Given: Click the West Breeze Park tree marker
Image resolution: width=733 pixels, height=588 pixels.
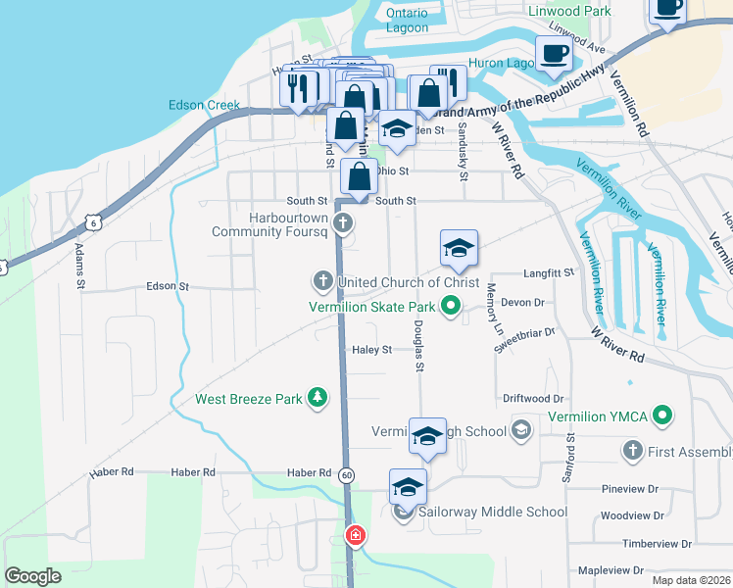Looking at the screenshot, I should (317, 397).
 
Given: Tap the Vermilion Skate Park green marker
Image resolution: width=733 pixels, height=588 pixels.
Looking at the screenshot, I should (451, 307).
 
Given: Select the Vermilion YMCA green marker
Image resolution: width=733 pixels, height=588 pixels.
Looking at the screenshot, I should (662, 416).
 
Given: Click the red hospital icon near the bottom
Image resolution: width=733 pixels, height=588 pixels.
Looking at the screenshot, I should (355, 535).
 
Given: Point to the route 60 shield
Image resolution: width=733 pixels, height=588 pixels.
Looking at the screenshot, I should (348, 473).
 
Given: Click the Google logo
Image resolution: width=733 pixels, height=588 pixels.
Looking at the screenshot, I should (32, 576).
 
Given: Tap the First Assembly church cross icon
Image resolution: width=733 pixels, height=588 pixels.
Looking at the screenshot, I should (631, 451).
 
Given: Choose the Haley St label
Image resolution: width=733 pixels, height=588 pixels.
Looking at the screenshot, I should (372, 349).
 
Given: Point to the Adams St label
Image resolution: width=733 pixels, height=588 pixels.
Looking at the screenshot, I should (78, 262).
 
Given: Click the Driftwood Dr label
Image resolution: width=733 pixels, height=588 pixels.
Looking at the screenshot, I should (533, 399).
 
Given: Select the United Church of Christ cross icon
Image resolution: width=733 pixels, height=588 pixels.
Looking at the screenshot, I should (322, 282).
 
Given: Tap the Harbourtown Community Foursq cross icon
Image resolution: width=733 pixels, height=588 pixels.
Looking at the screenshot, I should (343, 223).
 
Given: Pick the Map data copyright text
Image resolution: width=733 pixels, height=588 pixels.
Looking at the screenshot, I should (692, 578).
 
